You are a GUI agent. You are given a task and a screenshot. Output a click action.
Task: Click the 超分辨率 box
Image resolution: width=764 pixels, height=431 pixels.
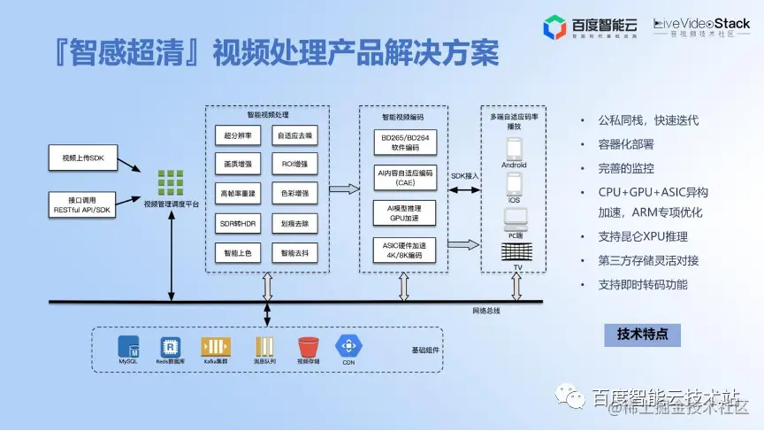(x=237, y=136)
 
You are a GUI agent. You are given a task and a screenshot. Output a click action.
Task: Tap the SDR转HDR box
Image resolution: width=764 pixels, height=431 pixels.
(x=237, y=223)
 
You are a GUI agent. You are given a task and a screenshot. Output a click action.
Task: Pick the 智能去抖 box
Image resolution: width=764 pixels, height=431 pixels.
(x=294, y=252)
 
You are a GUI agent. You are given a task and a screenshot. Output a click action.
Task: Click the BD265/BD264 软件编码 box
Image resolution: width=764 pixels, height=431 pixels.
(x=405, y=142)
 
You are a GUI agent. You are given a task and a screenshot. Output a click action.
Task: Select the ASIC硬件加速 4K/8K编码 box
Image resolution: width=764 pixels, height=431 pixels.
(x=405, y=250)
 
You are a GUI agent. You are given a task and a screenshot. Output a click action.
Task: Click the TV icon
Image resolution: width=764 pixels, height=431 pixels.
(x=514, y=250)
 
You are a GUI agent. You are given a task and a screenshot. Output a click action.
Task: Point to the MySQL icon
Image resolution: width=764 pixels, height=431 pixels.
(x=129, y=347)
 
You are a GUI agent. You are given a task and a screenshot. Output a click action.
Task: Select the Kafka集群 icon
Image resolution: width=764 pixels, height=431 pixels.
(x=217, y=347)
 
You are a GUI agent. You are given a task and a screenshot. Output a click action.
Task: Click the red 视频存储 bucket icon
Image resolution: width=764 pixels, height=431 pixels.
(x=308, y=347)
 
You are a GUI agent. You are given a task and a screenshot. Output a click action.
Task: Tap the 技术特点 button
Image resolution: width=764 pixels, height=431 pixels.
(x=643, y=335)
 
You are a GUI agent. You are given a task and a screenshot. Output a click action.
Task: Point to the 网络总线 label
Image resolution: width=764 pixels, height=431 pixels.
(x=486, y=311)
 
